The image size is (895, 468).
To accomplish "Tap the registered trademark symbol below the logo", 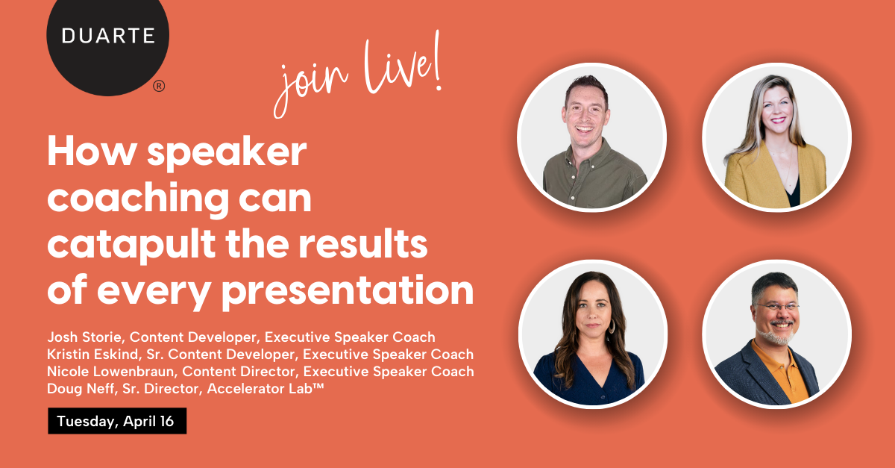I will click(x=159, y=86).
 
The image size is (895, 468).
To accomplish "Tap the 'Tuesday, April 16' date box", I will click(x=116, y=421).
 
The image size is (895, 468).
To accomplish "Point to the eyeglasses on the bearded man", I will click(x=776, y=307).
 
